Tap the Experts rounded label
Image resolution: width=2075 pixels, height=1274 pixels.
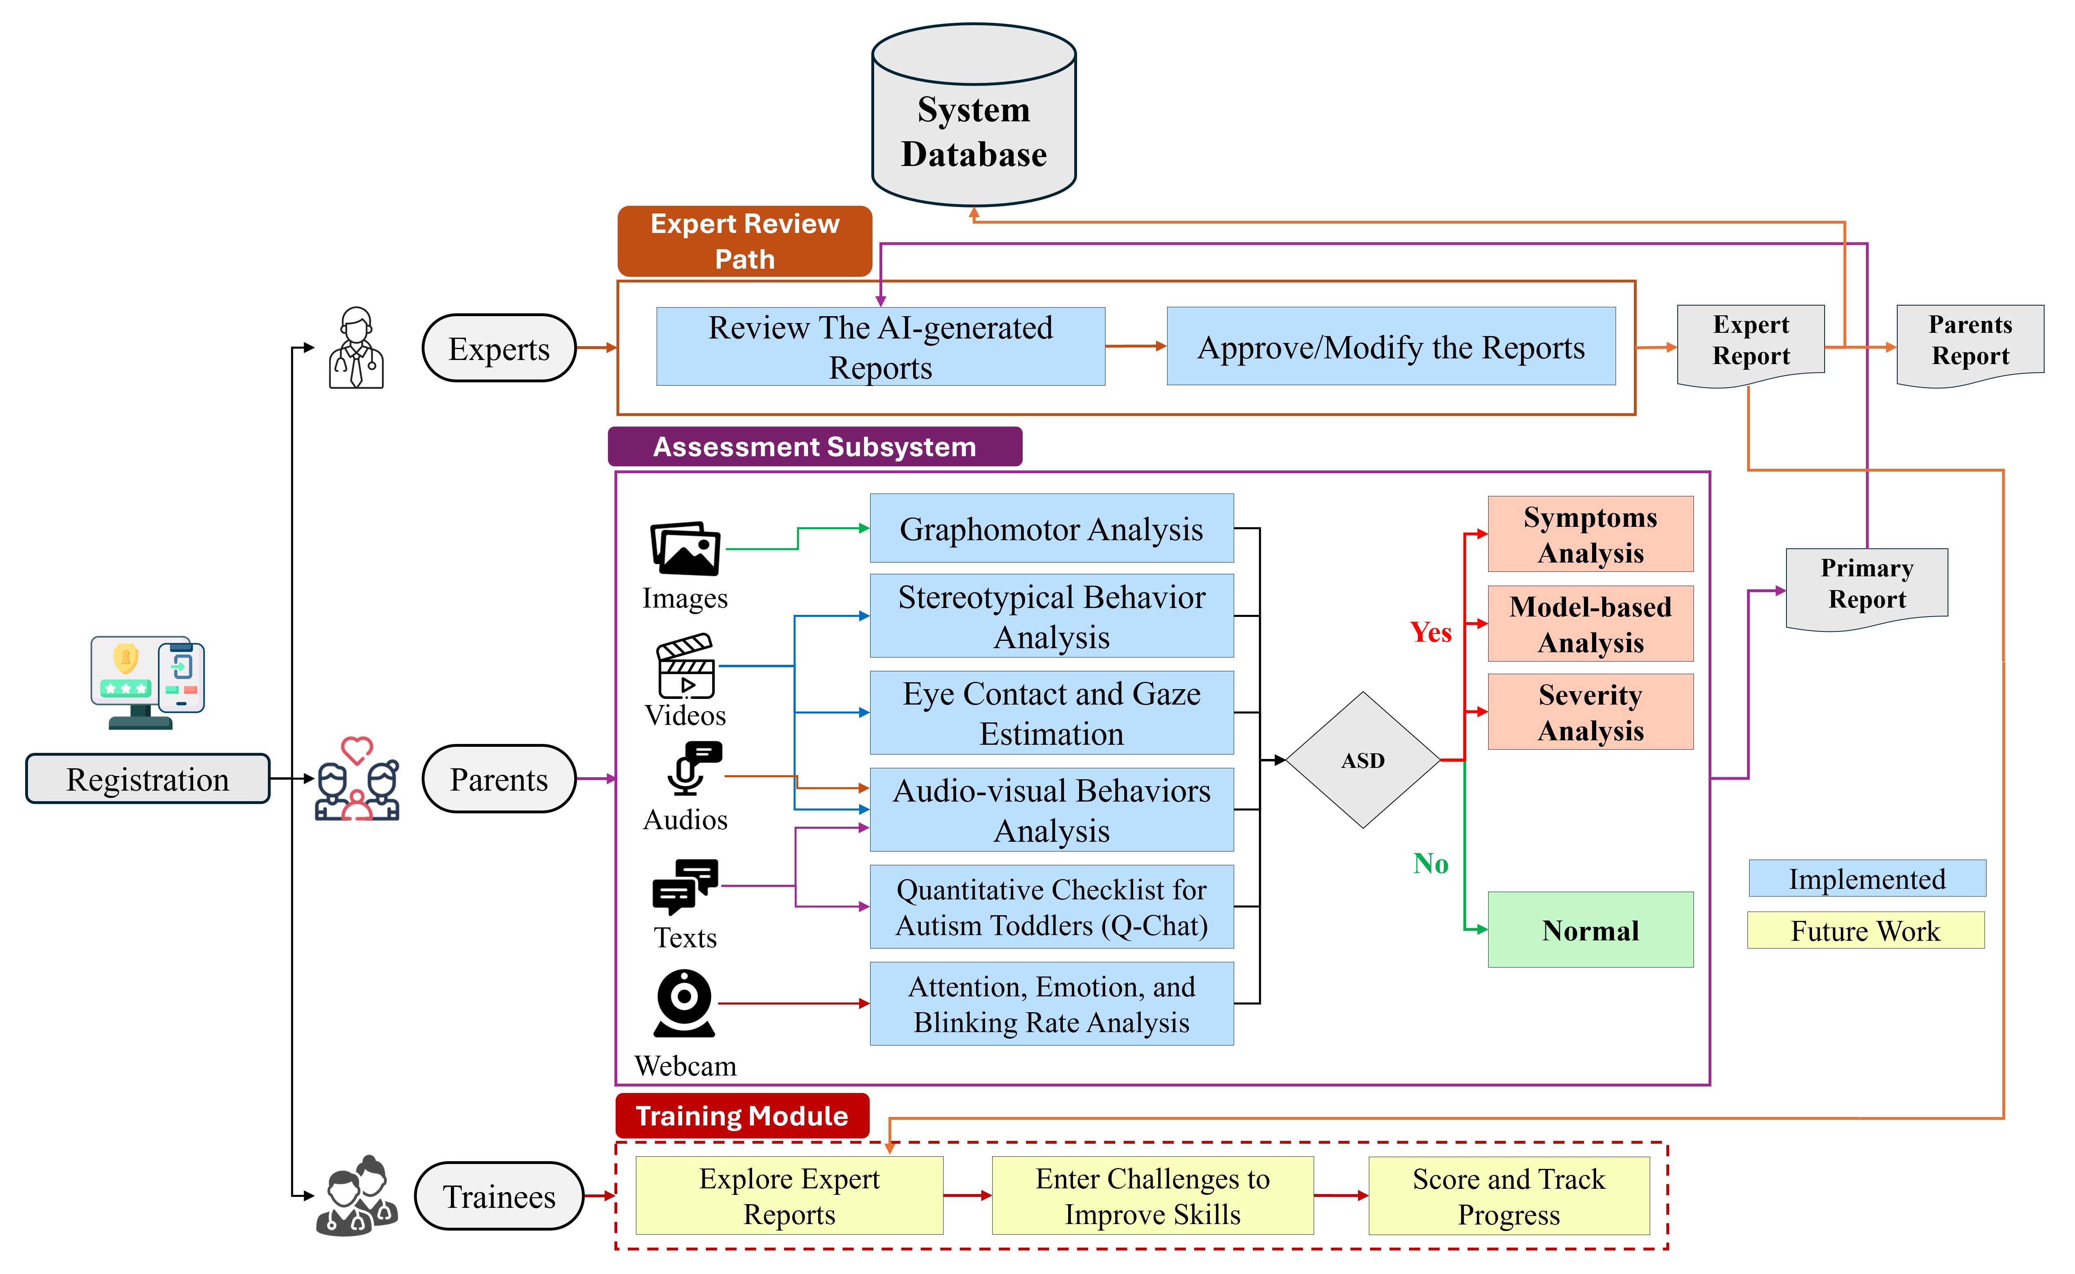click(x=499, y=348)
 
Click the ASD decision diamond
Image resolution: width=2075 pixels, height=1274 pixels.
click(x=1362, y=760)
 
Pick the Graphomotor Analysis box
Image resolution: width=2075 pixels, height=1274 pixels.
click(x=1052, y=528)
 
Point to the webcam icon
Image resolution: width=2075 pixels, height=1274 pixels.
click(x=684, y=1003)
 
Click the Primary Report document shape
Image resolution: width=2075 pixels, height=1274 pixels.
click(x=1866, y=586)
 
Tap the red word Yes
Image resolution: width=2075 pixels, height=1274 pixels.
click(x=1431, y=632)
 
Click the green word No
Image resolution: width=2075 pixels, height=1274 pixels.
click(x=1431, y=864)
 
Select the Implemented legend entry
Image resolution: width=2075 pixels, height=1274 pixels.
click(x=1866, y=879)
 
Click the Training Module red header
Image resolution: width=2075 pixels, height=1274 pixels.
click(x=741, y=1116)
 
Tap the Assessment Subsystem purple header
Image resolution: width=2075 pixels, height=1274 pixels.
click(x=814, y=446)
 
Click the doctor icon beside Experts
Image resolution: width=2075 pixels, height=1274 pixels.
click(x=356, y=348)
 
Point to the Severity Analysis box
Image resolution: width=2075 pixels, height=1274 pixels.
click(x=1590, y=712)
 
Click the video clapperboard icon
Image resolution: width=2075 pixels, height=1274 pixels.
click(x=686, y=666)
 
